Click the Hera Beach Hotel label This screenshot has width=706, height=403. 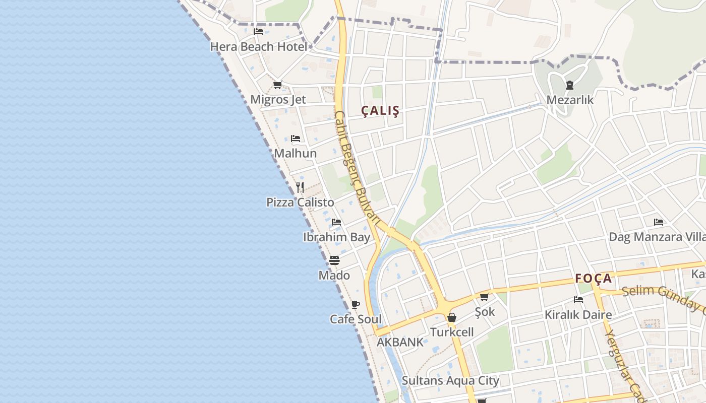click(258, 47)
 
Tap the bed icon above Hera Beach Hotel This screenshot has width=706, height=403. click(259, 32)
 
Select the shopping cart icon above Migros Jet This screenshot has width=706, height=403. click(277, 85)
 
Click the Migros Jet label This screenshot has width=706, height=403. click(278, 100)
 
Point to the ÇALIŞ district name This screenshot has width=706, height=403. click(381, 111)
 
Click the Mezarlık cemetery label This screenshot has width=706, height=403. click(570, 100)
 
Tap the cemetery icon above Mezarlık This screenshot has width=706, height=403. click(570, 85)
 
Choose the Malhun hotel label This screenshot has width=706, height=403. click(296, 153)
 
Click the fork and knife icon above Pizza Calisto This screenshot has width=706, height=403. click(300, 187)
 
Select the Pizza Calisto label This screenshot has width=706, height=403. click(300, 203)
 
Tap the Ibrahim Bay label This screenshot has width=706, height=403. click(336, 237)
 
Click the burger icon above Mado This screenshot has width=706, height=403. click(334, 260)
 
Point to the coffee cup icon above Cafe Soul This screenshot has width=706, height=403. click(356, 304)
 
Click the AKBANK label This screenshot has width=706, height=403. click(400, 342)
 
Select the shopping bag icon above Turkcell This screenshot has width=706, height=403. click(452, 317)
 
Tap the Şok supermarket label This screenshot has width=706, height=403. click(485, 312)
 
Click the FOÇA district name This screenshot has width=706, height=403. click(594, 279)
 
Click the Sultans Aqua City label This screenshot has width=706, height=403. click(450, 380)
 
